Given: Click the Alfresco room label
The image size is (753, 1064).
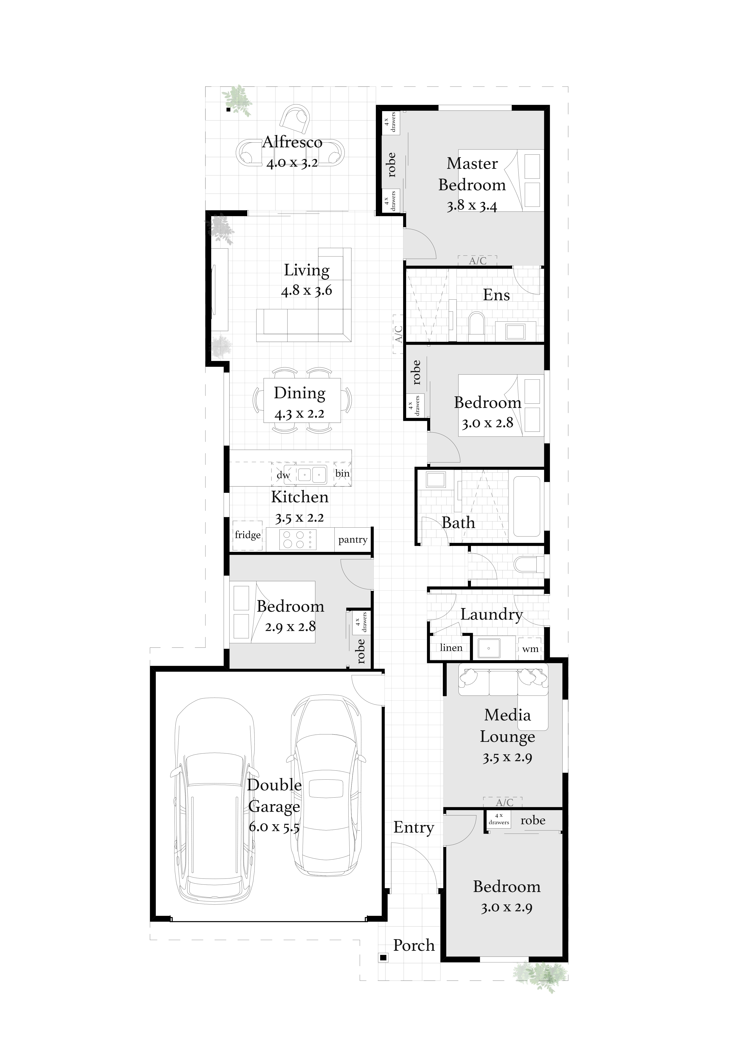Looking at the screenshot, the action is pos(292,142).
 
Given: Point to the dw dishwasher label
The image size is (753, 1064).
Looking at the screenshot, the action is pos(283,475).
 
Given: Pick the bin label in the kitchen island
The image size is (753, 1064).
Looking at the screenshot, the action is pos(342,473).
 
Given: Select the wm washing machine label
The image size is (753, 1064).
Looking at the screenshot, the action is pos(530,649).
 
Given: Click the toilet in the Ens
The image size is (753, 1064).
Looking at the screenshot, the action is pos(476,323).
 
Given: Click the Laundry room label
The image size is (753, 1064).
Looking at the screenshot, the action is pos(492,614).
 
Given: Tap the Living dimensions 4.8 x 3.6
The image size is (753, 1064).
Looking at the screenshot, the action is pos(307,291).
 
